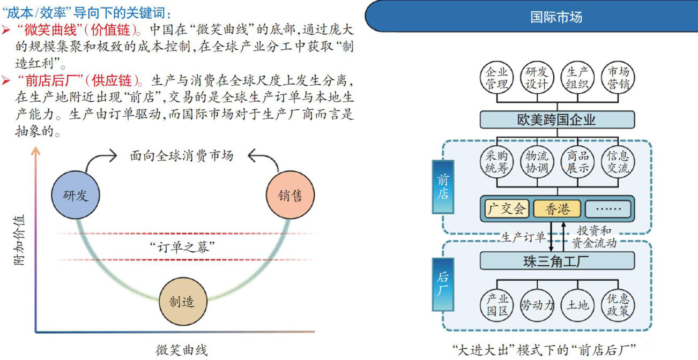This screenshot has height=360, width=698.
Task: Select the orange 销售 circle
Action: point(289,196)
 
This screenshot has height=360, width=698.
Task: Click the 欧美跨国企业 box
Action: point(556,119)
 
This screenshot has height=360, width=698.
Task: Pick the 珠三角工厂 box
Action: point(556,261)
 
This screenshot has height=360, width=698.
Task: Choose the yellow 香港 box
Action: point(556,209)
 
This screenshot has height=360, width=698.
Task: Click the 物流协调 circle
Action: point(537,162)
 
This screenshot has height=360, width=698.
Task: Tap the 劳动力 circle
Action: point(537,305)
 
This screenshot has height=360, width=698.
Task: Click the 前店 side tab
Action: point(443,186)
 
